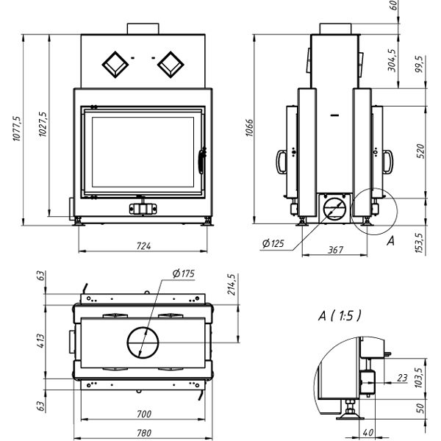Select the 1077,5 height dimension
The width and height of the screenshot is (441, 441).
click(17, 130)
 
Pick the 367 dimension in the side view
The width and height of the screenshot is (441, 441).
click(334, 250)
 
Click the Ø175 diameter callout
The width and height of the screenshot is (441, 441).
click(183, 274)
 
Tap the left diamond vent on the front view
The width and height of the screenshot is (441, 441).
click(115, 65)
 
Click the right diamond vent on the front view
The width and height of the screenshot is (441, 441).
click(171, 65)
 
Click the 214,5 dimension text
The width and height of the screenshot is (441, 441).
click(232, 287)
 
